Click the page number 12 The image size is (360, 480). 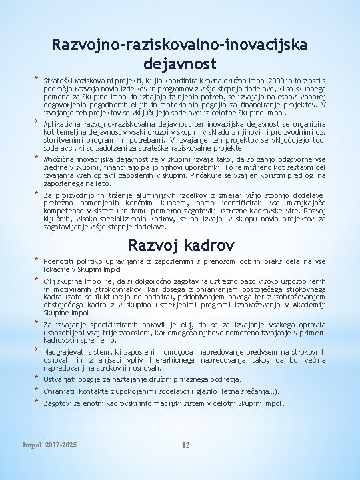click(186, 445)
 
